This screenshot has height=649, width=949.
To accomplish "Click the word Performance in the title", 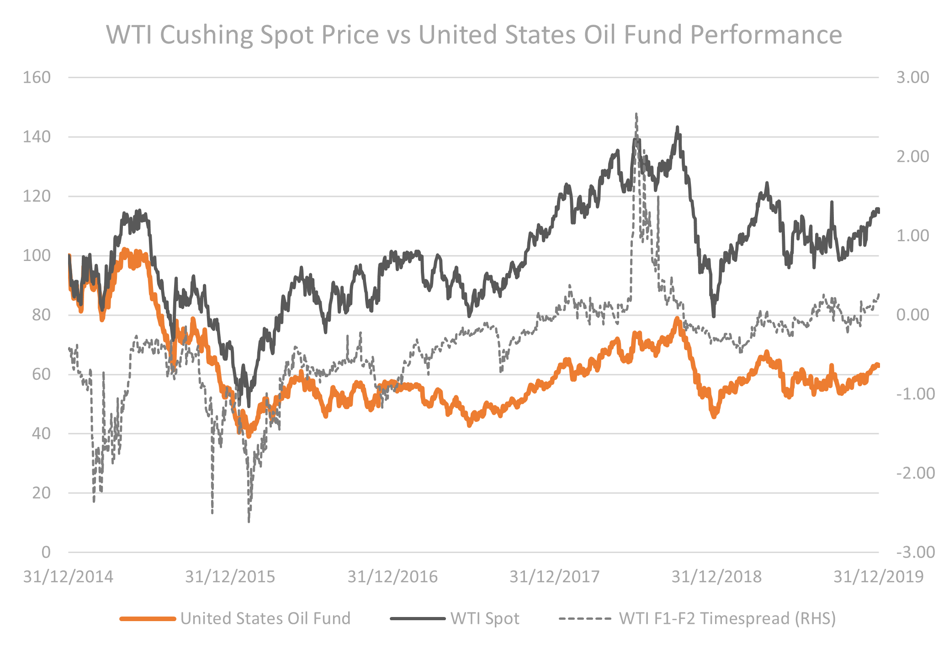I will click(x=766, y=35).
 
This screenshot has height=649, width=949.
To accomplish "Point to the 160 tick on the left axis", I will click(x=37, y=77).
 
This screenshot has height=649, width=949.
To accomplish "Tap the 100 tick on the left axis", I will click(x=37, y=255).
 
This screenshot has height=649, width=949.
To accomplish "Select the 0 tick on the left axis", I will click(x=46, y=552).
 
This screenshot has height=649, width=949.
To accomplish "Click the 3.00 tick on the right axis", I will click(x=912, y=77).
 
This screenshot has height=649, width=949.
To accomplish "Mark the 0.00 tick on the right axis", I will click(x=912, y=314).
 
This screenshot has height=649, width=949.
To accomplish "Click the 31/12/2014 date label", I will click(x=68, y=576).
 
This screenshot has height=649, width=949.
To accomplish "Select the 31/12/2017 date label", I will click(x=554, y=576).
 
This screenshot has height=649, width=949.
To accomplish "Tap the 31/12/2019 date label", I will click(x=878, y=576).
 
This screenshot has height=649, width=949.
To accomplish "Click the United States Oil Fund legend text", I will click(x=265, y=618).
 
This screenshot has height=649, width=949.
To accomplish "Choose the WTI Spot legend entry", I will click(x=485, y=618).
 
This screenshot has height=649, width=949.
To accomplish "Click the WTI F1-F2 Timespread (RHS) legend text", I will click(x=727, y=618).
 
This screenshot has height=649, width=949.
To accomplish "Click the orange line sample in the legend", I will click(x=148, y=619).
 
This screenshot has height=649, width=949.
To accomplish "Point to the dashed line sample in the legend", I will click(x=585, y=619).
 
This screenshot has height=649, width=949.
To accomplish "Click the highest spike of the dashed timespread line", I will click(x=636, y=114).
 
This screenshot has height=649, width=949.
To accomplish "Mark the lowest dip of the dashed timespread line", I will click(x=249, y=521).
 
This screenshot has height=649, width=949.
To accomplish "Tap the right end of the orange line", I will click(x=877, y=365).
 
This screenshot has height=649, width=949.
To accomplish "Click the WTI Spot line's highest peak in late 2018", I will click(x=677, y=128).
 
